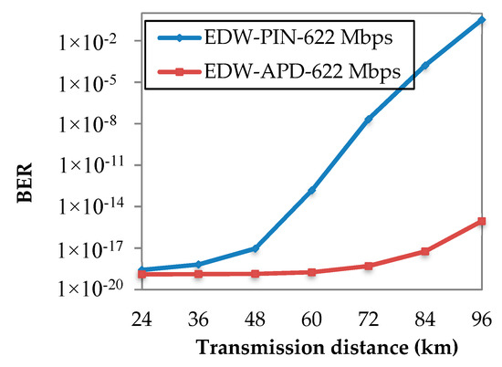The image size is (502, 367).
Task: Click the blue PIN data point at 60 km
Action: pyautogui.click(x=312, y=191)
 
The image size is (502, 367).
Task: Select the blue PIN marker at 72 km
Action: pyautogui.click(x=369, y=120)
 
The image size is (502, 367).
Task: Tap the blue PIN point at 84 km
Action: pyautogui.click(x=425, y=66)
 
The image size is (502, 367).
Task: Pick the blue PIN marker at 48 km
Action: pyautogui.click(x=256, y=248)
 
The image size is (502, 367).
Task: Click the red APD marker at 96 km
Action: pyautogui.click(x=482, y=221)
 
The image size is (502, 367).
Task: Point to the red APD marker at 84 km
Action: pyautogui.click(x=425, y=251)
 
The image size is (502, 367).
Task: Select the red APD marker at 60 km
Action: pyautogui.click(x=312, y=272)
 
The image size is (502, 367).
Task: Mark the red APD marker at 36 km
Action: pyautogui.click(x=199, y=274)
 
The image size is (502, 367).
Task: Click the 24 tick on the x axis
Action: pyautogui.click(x=142, y=319)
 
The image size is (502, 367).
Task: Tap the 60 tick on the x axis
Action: pyautogui.click(x=312, y=319)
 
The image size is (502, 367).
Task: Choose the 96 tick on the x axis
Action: pyautogui.click(x=482, y=319)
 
